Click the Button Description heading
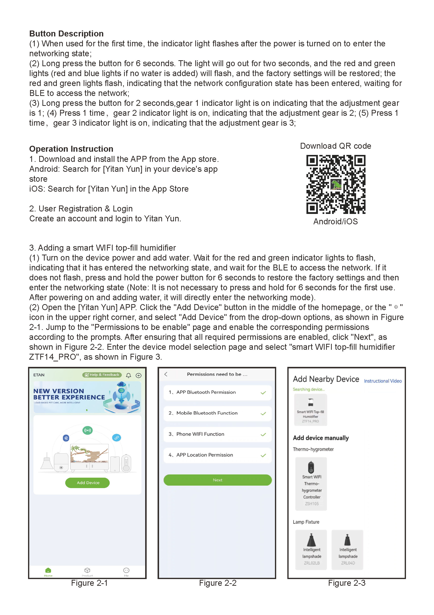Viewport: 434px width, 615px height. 66,34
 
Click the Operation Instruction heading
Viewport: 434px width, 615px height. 71,149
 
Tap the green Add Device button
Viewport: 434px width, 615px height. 87,483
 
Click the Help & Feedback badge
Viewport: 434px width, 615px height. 102,375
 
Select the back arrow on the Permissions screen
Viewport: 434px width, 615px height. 166,374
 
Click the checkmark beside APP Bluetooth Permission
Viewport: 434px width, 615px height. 263,393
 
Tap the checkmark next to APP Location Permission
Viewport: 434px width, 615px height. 263,455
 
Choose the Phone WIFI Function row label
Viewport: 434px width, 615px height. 200,434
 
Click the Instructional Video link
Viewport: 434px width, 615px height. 383,381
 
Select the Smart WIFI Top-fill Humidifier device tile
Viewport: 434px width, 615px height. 310,410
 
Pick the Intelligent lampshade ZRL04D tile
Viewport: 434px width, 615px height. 347,550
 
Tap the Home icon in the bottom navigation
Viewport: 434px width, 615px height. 48,571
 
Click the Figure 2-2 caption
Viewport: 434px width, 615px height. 217,583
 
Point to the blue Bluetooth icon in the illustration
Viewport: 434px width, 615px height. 66,438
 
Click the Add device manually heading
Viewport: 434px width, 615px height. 321,438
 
